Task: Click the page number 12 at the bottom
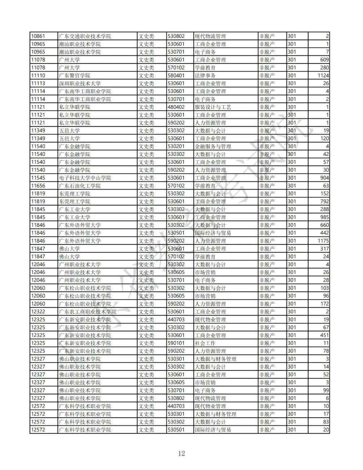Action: (182, 453)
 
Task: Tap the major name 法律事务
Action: (205, 75)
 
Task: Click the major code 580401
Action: (176, 75)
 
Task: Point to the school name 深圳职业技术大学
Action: (80, 83)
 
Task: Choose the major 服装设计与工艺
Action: (213, 107)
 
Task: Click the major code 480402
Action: (176, 107)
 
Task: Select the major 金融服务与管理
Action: (213, 146)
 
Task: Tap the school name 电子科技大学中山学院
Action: (85, 178)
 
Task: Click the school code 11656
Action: (38, 186)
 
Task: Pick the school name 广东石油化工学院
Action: (80, 186)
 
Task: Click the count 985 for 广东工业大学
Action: (324, 217)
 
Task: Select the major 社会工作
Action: (205, 343)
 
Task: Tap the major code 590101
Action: (176, 343)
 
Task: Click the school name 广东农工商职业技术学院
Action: (87, 312)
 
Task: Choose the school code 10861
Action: (38, 36)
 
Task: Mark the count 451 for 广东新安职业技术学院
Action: (324, 335)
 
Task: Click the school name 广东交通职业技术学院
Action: (85, 36)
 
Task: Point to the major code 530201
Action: (176, 146)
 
